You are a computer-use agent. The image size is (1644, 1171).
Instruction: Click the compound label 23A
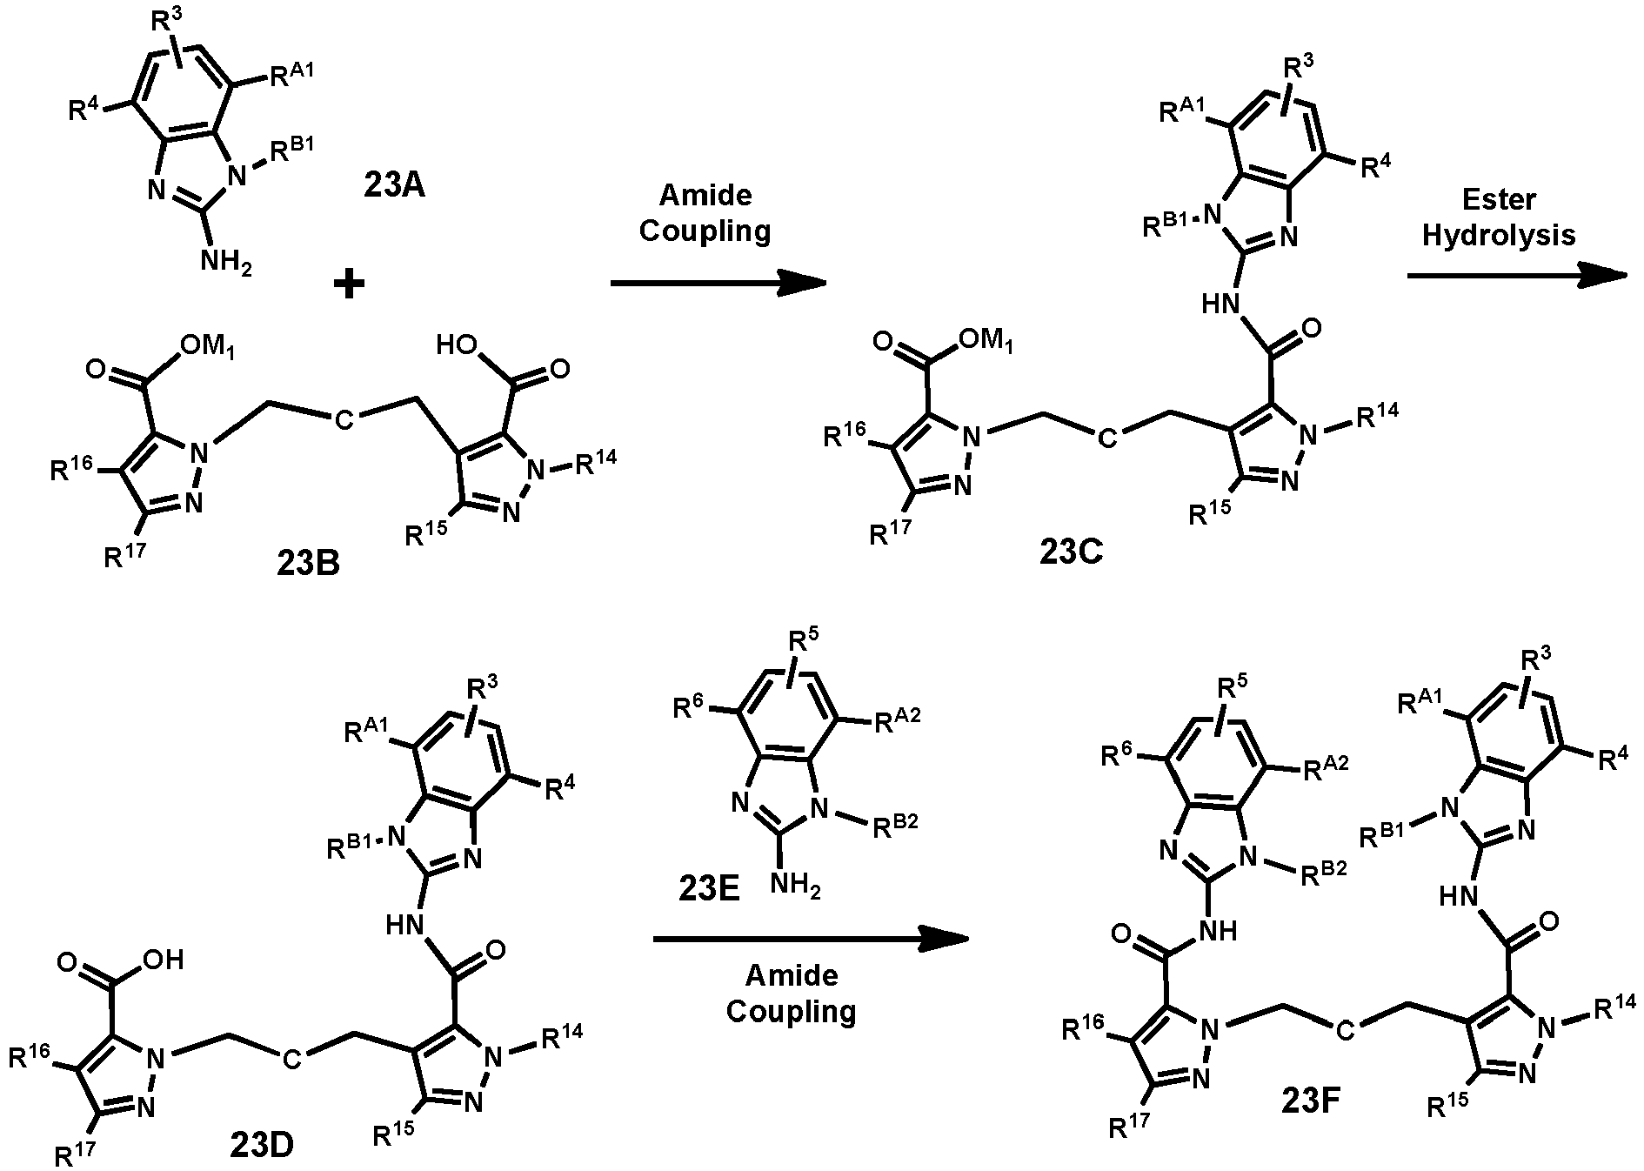coord(394,185)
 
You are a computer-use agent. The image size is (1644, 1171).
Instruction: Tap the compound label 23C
coord(1071,551)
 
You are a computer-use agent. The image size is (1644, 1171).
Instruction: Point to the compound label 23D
coord(262,1146)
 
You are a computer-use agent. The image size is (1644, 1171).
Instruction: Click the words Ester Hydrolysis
coord(1499,217)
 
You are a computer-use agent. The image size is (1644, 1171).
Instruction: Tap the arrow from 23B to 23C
coord(718,283)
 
